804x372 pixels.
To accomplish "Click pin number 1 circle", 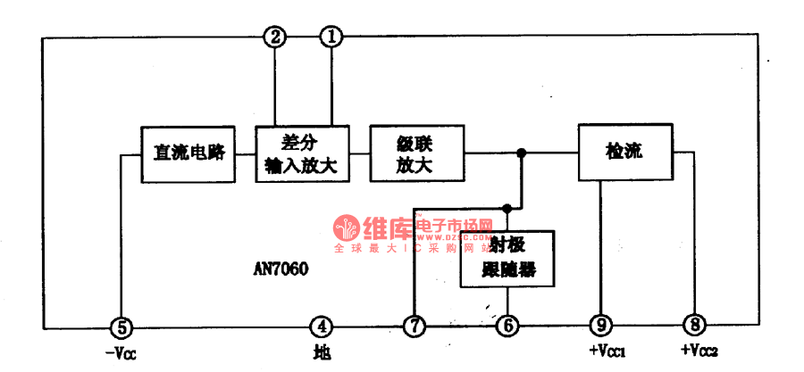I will tap(331, 37).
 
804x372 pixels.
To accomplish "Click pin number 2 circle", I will tap(274, 37).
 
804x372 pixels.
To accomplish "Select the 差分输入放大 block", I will tap(299, 153).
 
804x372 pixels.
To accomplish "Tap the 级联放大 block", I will tap(416, 153).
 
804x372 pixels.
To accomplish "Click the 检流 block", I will tap(623, 153).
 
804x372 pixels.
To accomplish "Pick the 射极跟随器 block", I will tap(507, 260).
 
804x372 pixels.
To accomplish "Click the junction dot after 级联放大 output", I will tap(522, 153).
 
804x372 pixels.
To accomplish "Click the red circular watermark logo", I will tap(347, 227).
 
